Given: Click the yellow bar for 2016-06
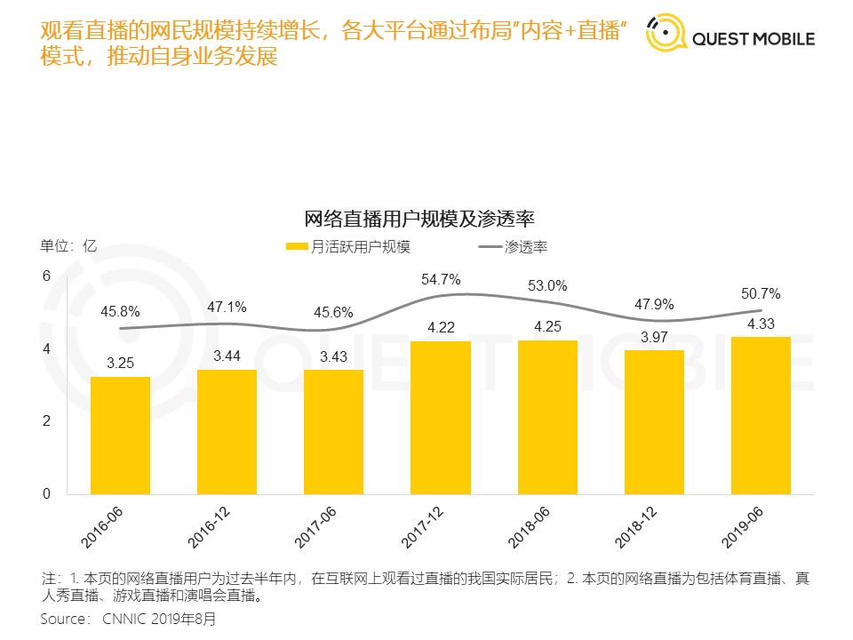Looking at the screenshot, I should pos(120,436).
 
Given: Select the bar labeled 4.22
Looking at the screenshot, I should pos(440,418).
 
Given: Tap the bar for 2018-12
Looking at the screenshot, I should pos(654,422).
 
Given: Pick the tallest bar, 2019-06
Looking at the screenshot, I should pos(761,415).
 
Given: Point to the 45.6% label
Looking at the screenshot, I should pos(334,313).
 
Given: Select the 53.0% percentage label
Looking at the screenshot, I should pos(547,286).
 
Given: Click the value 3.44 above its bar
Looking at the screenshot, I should pos(227,356).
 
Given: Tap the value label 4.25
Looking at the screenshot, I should pos(547,326).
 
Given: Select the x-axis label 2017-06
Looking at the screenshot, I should pos(316,529).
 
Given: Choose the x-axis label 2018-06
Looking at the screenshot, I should pos(530,529).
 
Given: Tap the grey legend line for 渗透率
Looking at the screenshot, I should pos(490,247).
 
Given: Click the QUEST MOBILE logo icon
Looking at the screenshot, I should pos(666,35).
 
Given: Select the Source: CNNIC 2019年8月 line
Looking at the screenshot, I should pos(128,618).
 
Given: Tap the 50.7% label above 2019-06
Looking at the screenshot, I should pos(761,293).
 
